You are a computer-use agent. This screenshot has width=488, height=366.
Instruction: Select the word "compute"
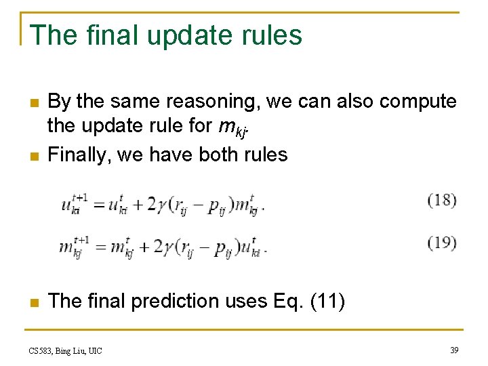418,102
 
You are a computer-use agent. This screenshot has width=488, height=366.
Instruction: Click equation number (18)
442,201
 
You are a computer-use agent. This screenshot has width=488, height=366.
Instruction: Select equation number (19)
442,243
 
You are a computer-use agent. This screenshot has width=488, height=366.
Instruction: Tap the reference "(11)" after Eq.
327,301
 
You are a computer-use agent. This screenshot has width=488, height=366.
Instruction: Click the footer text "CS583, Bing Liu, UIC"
66,350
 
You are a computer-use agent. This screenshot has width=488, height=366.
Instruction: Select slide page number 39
453,350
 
